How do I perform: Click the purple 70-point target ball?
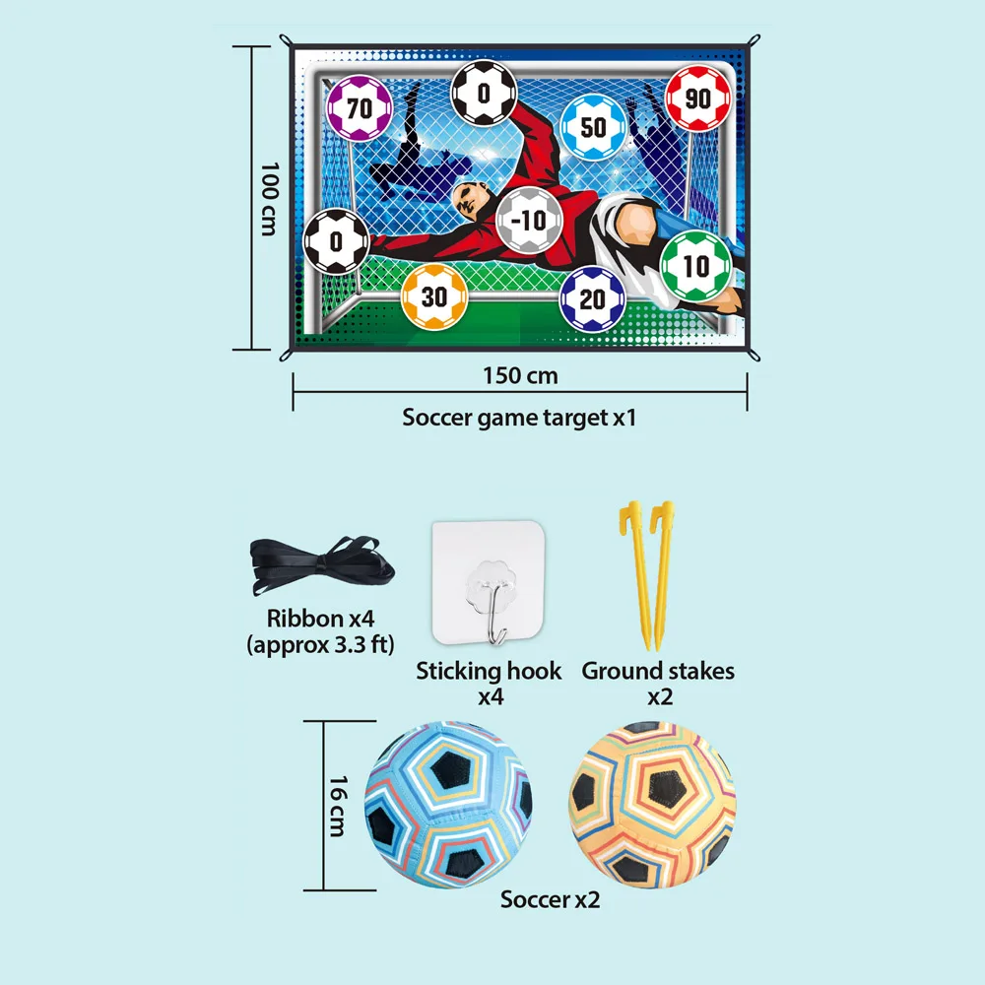click(x=360, y=108)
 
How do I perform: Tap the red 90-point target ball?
click(x=697, y=98)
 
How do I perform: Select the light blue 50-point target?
click(x=594, y=127)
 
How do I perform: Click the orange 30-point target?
click(x=433, y=295)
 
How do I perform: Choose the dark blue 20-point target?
click(x=592, y=298)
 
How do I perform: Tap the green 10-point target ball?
click(x=695, y=266)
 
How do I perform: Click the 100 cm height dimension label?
click(x=268, y=199)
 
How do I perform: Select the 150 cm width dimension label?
click(x=520, y=375)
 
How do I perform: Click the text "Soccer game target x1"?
click(x=519, y=417)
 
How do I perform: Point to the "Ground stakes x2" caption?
click(x=658, y=683)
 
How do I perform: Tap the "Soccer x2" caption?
click(x=550, y=899)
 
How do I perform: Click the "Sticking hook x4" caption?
click(x=489, y=683)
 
